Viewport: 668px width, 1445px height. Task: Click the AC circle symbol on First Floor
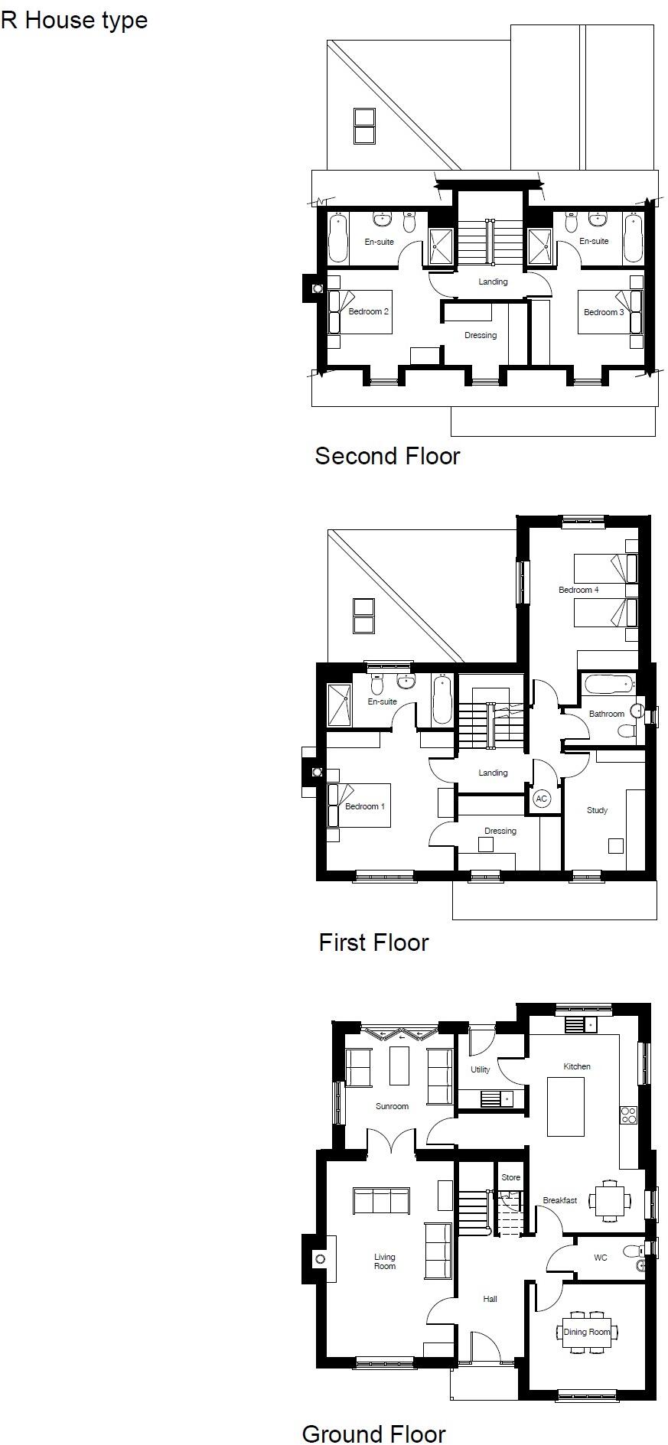coord(541,799)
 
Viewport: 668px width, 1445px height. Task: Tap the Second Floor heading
coord(387,456)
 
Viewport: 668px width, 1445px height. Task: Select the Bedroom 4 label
coord(578,590)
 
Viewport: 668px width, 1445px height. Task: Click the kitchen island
coord(565,1106)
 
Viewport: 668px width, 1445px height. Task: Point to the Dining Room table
coord(587,1332)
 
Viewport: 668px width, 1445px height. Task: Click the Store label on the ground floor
coord(510,1177)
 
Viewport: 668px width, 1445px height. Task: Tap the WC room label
coord(601,1258)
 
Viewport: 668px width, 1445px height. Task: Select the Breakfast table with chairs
coord(610,1200)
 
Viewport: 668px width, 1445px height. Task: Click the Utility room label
coord(480,1069)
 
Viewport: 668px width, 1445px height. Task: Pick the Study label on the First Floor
coord(597,810)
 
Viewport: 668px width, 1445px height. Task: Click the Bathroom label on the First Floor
coord(606,714)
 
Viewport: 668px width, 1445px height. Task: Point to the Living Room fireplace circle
coord(321,1259)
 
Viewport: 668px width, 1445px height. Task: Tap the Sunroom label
coord(392,1106)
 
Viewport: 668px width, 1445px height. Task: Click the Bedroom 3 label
coord(604,312)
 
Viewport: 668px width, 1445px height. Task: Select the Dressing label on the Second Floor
coord(481,335)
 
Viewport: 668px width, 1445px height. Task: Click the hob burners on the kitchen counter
coord(628,1115)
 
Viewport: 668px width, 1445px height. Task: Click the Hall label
coord(490,1299)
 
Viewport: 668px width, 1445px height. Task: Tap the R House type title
coord(74,21)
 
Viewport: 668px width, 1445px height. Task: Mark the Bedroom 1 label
coord(365,806)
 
